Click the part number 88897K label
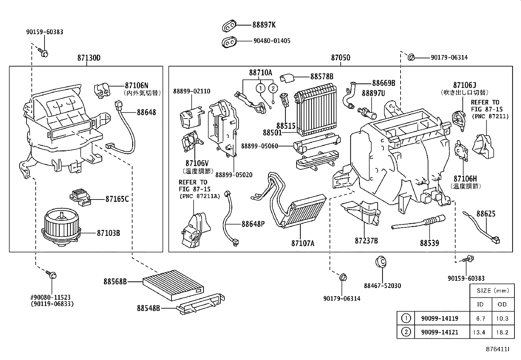pyautogui.click(x=264, y=25)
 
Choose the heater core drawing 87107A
pyautogui.click(x=304, y=211)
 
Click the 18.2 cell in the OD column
pyautogui.click(x=502, y=332)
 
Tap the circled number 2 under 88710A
pyautogui.click(x=273, y=88)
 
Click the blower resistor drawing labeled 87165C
pyautogui.click(x=79, y=197)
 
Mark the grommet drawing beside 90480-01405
pyautogui.click(x=229, y=41)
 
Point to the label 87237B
pyautogui.click(x=366, y=241)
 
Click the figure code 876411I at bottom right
pyautogui.click(x=497, y=349)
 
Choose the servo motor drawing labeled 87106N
pyautogui.click(x=102, y=90)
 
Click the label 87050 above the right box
pyautogui.click(x=340, y=58)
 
